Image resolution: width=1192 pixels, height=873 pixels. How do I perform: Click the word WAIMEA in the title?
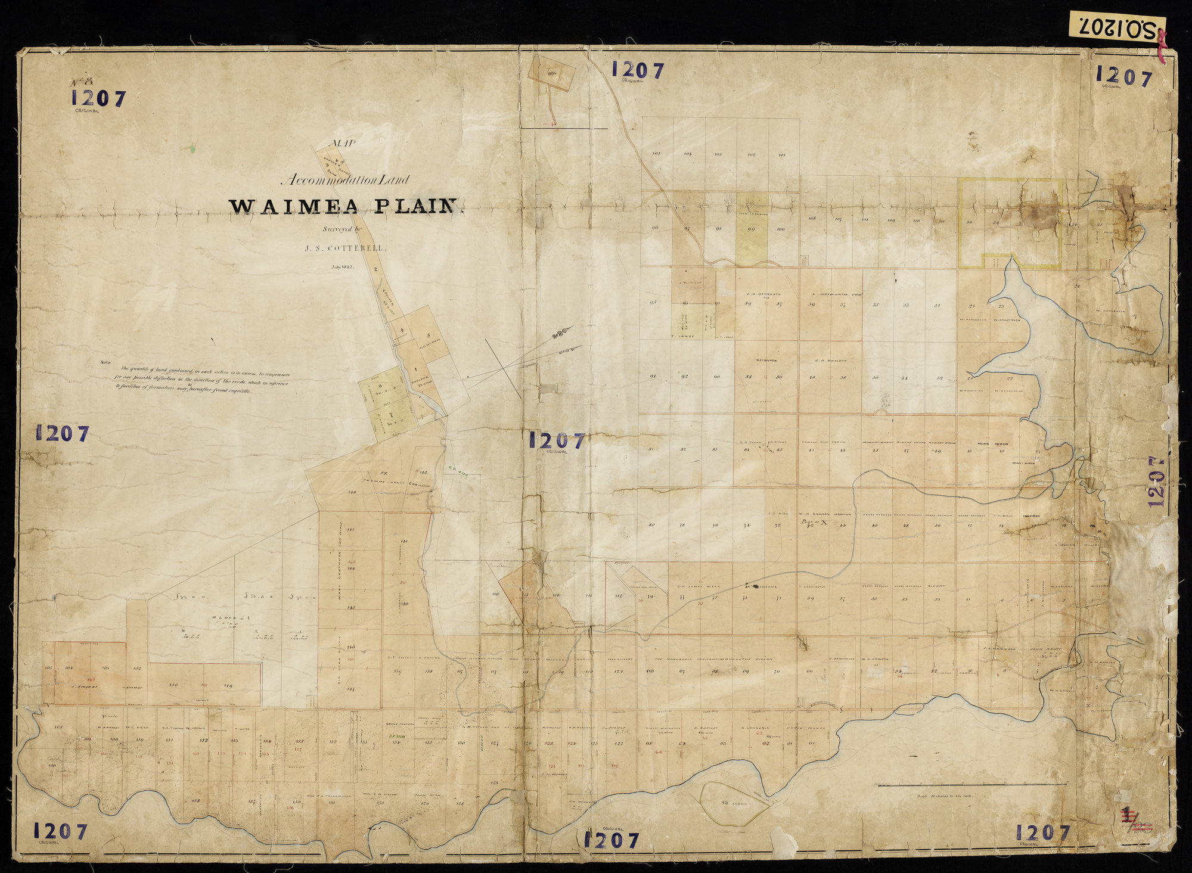pos(294,206)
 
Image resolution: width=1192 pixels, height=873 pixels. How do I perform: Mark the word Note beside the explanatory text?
pos(105,362)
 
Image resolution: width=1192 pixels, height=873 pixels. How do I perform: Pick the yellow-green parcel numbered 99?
pos(752,229)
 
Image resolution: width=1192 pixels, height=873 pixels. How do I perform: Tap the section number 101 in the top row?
pos(782,154)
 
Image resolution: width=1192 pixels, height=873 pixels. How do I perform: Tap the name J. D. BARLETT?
pos(830,361)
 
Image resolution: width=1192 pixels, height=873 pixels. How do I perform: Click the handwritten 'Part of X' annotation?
pos(815,522)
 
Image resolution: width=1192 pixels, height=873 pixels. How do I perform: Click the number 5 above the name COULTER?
pos(428,335)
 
